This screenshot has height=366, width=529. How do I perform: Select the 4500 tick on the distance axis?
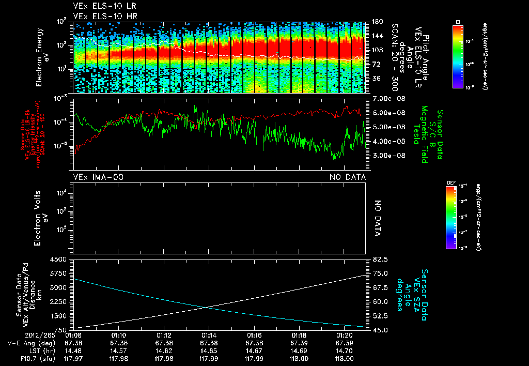[61, 260]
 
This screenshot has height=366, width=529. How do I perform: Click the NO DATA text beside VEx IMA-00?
[348, 177]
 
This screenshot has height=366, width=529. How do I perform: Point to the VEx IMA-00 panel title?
[98, 177]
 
